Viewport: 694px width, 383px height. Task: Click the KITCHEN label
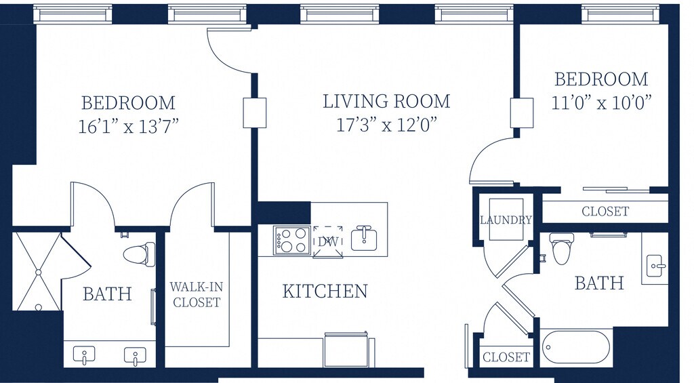(325, 291)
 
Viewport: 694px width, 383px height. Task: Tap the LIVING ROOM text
(386, 102)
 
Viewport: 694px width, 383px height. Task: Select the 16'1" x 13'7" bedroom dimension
(128, 127)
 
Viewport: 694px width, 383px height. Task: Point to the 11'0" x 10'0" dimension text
(602, 103)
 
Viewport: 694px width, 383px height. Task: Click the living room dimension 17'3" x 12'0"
(387, 125)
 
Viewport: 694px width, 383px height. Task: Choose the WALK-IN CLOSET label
(196, 294)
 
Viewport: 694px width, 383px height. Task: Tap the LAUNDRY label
(506, 220)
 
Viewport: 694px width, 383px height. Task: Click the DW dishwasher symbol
(327, 242)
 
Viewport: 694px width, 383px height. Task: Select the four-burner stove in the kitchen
(292, 241)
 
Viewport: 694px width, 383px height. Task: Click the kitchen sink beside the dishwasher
(364, 239)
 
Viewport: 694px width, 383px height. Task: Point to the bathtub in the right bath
(576, 348)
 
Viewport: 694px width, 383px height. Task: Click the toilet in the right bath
(561, 249)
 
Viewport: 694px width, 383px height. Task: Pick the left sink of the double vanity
(85, 355)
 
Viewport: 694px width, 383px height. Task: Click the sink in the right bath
(656, 266)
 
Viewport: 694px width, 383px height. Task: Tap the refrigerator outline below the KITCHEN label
(346, 350)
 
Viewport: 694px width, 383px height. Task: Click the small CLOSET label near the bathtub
(506, 357)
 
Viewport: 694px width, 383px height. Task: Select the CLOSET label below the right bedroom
(605, 211)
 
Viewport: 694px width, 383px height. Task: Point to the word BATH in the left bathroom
(108, 294)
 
